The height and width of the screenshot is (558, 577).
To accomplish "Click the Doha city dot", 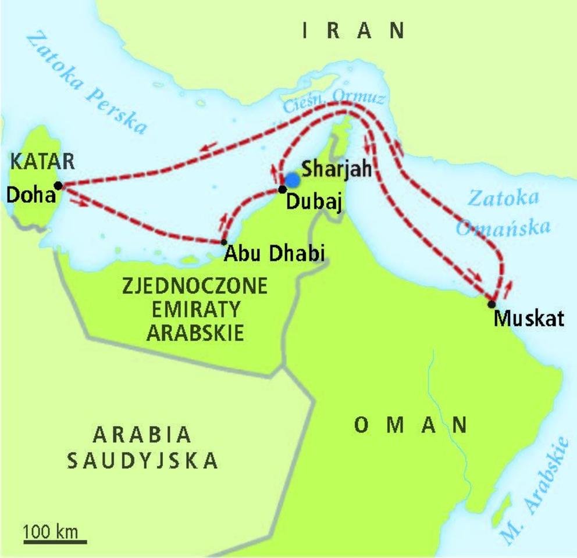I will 58,185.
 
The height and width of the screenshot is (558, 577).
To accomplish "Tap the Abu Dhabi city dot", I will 224,241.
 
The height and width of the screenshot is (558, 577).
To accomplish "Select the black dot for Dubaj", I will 282,189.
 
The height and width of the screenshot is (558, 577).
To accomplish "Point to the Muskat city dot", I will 491,303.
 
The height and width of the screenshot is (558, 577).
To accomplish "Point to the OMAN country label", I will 411,425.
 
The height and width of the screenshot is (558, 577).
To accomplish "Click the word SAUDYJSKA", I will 143,460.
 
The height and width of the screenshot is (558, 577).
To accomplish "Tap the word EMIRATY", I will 195,310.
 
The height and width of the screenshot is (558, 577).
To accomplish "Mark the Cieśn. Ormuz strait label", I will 334,102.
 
